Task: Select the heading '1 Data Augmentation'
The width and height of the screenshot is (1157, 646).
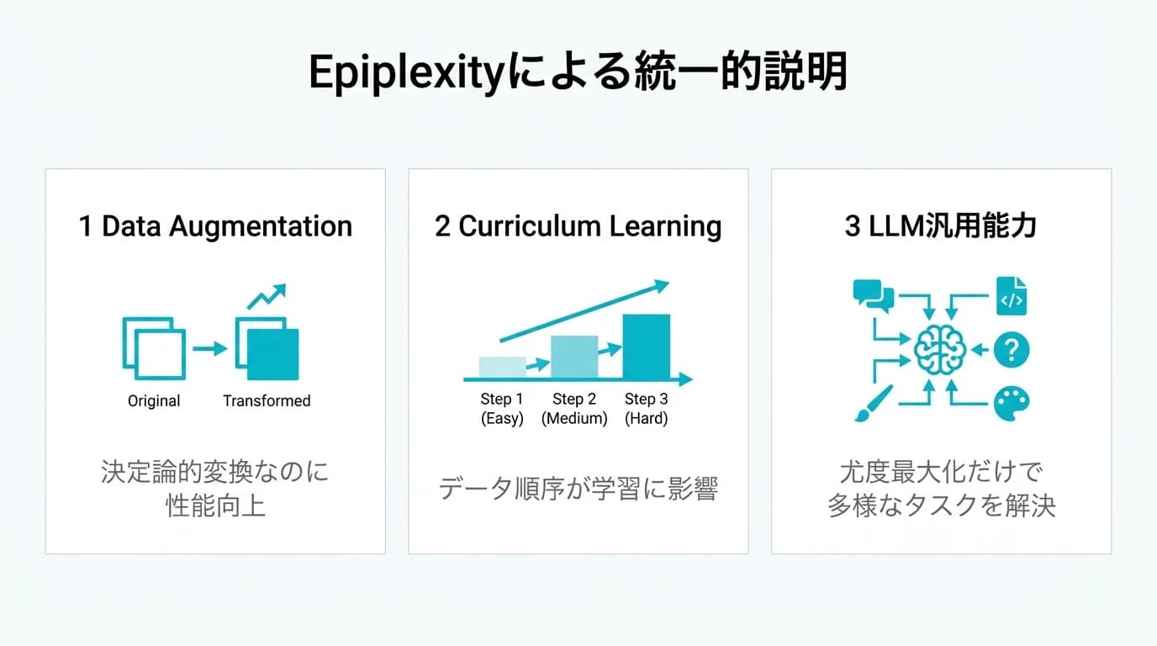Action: pyautogui.click(x=215, y=226)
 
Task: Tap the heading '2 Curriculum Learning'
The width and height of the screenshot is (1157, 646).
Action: pyautogui.click(x=578, y=226)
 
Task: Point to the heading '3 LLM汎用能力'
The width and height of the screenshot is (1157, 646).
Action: pyautogui.click(x=940, y=226)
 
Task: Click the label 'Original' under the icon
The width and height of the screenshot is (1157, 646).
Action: pyautogui.click(x=154, y=401)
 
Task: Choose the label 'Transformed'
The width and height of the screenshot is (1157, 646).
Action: pyautogui.click(x=267, y=401)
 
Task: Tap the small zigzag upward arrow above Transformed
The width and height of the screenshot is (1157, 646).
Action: pyautogui.click(x=267, y=297)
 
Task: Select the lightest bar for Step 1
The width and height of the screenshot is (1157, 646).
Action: pyautogui.click(x=502, y=367)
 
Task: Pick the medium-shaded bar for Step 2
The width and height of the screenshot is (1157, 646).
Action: pyautogui.click(x=574, y=357)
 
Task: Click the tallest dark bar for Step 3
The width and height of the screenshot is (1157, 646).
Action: pyautogui.click(x=646, y=346)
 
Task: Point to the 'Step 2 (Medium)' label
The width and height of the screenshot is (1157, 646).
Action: pyautogui.click(x=574, y=409)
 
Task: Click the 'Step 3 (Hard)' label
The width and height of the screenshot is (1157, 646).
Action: pyautogui.click(x=646, y=409)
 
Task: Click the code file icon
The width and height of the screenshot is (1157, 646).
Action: pyautogui.click(x=1011, y=296)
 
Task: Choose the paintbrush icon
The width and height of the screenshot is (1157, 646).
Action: pyautogui.click(x=868, y=404)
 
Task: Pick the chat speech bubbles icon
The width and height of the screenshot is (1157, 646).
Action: pyautogui.click(x=873, y=294)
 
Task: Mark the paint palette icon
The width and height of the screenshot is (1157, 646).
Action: pyautogui.click(x=1011, y=404)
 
